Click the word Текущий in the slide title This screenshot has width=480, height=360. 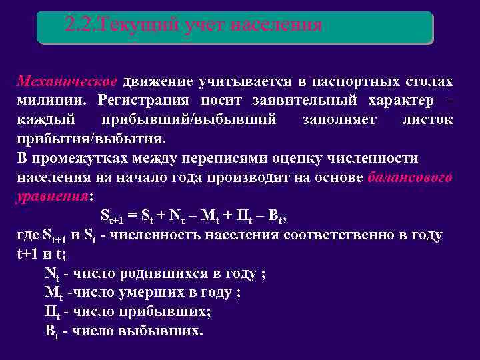click(133, 25)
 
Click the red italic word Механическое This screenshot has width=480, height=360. click(67, 82)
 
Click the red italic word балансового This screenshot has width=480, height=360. click(410, 178)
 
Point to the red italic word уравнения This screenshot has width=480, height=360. click(51, 197)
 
